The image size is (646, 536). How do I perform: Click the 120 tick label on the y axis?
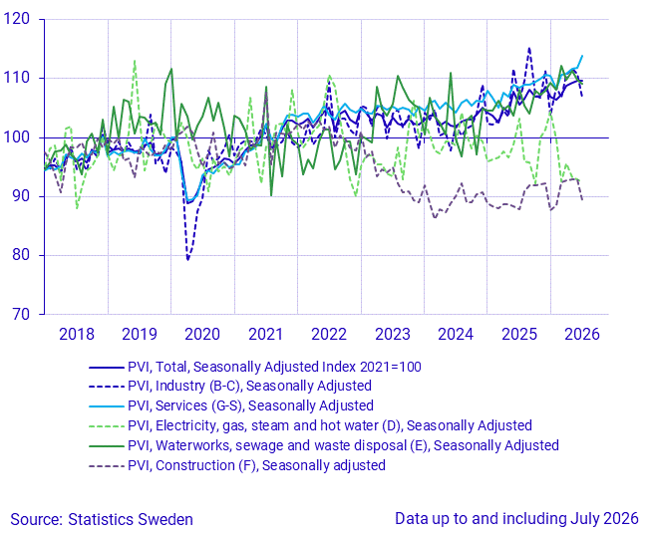(17, 19)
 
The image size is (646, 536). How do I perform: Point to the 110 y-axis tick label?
(17, 78)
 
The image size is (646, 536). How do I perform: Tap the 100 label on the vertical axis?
(17, 137)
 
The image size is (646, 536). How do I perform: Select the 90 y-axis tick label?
(21, 196)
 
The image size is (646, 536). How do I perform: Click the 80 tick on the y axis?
(21, 255)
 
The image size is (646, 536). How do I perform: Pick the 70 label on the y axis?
(21, 314)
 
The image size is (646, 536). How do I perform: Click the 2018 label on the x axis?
(77, 334)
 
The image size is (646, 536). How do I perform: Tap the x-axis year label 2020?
(202, 334)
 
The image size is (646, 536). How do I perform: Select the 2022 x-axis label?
(329, 334)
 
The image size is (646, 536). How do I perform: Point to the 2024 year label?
(456, 334)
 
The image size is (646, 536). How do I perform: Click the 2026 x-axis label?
(582, 334)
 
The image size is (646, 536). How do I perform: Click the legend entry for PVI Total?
(255, 367)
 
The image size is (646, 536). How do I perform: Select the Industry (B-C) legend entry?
(230, 386)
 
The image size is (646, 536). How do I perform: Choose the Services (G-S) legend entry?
(231, 405)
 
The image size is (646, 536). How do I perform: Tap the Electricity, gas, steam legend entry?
(310, 425)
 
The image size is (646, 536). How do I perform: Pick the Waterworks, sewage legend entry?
(324, 445)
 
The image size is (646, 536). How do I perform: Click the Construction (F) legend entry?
(237, 465)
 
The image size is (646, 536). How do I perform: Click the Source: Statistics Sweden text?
(102, 519)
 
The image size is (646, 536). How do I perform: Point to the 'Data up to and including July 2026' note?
(516, 519)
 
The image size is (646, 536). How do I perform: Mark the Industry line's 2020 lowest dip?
(187, 259)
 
